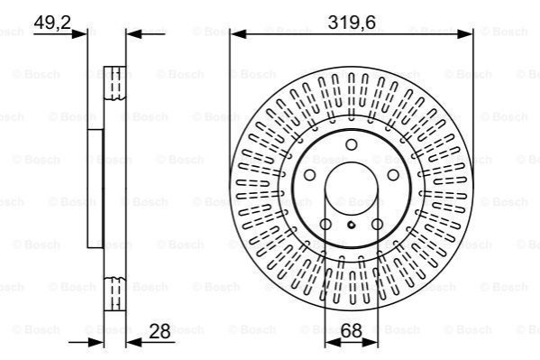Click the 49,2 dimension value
tap(52, 23)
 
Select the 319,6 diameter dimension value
tap(352, 23)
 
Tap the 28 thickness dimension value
tap(160, 332)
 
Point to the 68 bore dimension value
tap(352, 331)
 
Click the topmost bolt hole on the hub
tap(352, 144)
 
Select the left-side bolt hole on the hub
tap(309, 175)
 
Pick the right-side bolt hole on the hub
tap(393, 175)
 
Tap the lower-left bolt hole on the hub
tap(325, 225)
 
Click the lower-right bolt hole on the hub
tap(378, 225)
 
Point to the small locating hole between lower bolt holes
tap(352, 226)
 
